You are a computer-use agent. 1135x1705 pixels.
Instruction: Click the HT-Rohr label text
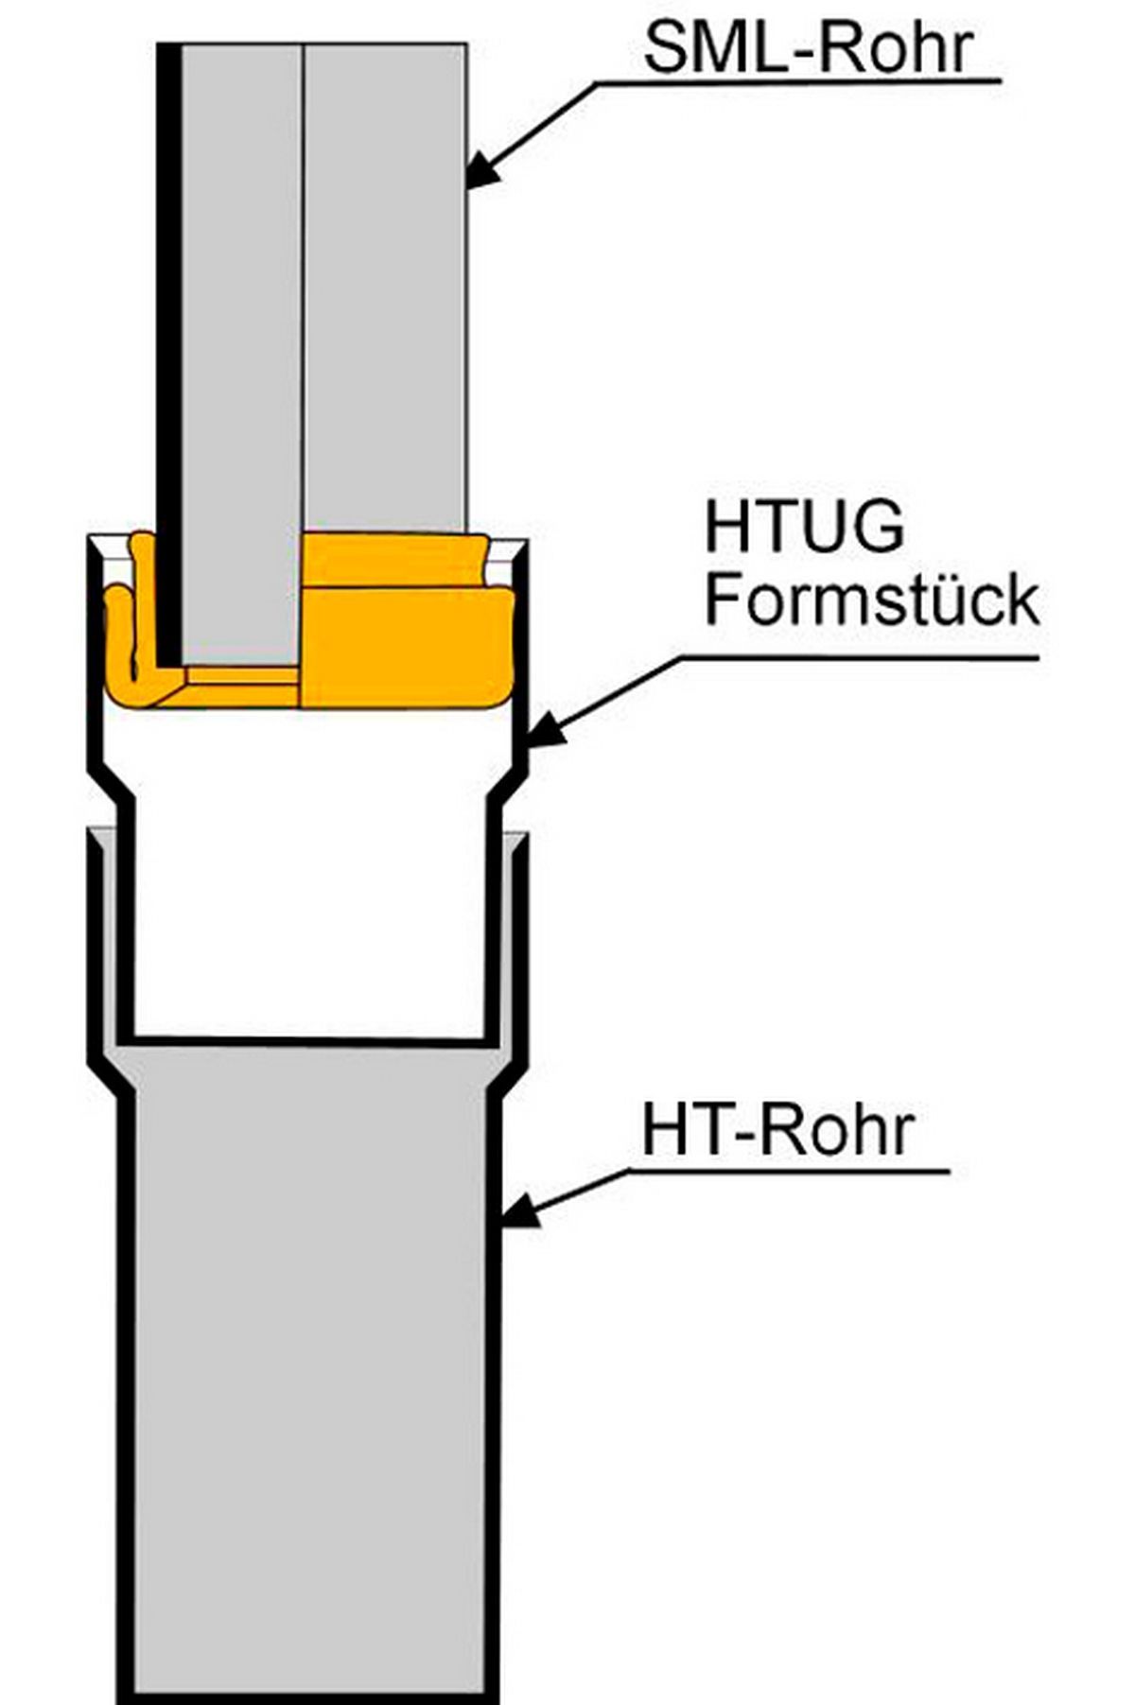[777, 1130]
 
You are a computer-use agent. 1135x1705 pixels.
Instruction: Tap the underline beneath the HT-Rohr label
[785, 1172]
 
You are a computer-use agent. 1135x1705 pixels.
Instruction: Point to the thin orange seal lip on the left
[121, 643]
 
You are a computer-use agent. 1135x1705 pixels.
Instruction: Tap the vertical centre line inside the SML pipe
[303, 284]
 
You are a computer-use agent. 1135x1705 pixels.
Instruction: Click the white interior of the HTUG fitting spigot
[312, 898]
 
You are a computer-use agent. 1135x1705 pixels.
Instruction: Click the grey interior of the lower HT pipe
[312, 1371]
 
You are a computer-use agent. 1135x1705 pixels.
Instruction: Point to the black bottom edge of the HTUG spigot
[312, 1040]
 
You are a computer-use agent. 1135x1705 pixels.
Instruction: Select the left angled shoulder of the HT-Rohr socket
[106, 1076]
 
